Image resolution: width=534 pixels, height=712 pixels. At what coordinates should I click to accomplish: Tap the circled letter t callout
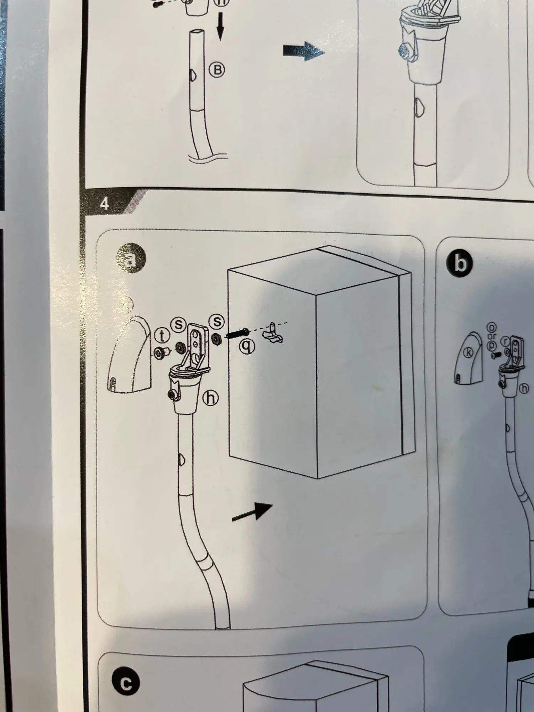click(163, 335)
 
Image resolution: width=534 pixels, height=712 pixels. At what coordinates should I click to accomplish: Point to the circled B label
click(217, 70)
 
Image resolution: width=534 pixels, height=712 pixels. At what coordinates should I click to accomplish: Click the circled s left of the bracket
click(179, 324)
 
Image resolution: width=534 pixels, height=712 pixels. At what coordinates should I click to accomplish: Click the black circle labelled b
click(460, 264)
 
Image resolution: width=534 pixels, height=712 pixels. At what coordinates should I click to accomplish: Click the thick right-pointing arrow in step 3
click(304, 51)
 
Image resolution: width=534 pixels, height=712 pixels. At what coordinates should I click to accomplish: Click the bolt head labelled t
click(160, 352)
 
